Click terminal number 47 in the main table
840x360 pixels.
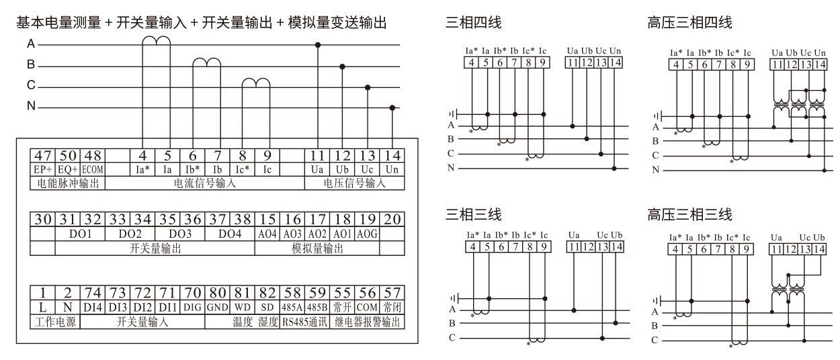pos(43,155)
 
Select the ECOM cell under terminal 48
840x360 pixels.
pos(93,170)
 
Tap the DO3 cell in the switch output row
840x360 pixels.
pos(180,234)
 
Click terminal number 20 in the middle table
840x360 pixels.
pos(392,219)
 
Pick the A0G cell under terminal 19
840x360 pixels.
pos(367,234)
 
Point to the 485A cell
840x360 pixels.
pos(292,308)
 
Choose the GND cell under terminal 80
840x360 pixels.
pos(218,308)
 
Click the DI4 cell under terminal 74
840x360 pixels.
pos(93,308)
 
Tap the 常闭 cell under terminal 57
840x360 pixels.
pos(392,308)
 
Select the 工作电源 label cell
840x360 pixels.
pos(55,322)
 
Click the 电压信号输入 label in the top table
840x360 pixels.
pos(354,183)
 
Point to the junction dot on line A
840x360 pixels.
pos(318,45)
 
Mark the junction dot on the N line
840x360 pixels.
pos(392,108)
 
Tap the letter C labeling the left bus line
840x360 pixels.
pos(31,85)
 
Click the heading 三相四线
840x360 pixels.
pos(473,22)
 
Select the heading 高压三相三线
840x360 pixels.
pos(689,215)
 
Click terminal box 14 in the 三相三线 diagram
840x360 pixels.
pos(617,247)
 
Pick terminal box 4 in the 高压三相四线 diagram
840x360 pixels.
pos(676,64)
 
